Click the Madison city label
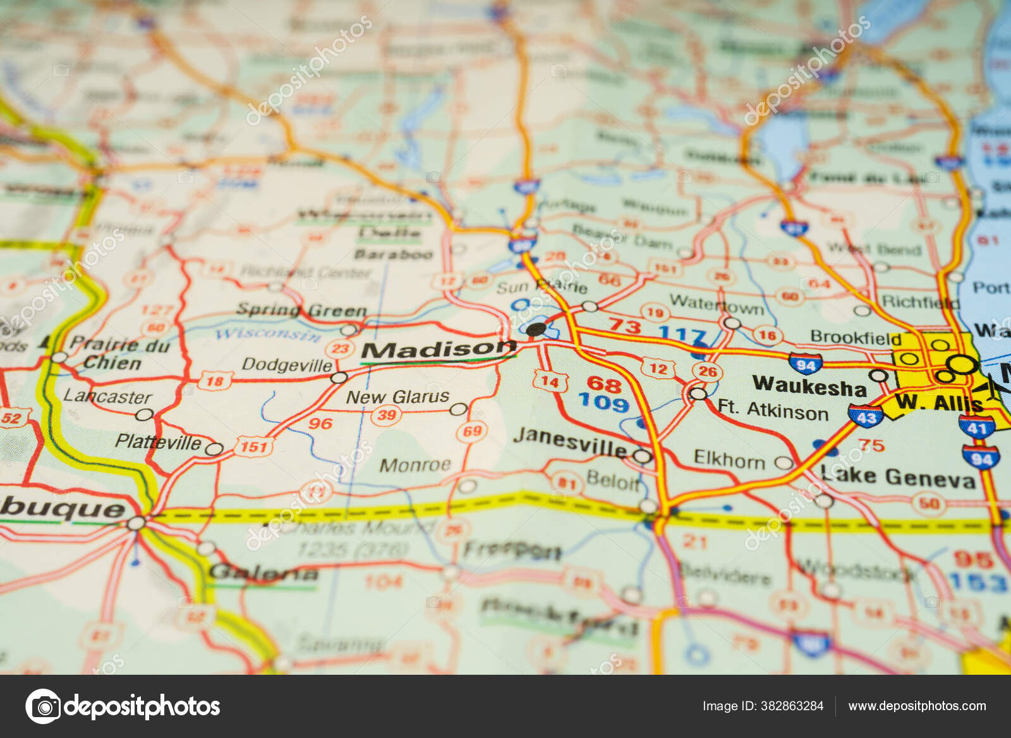pyautogui.click(x=439, y=350)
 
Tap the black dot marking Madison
pyautogui.click(x=535, y=329)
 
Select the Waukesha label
pyautogui.click(x=809, y=386)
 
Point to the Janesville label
pyautogui.click(x=569, y=442)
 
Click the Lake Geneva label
pyautogui.click(x=898, y=477)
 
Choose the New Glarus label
pyautogui.click(x=397, y=397)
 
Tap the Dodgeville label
pyautogui.click(x=287, y=365)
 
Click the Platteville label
pyautogui.click(x=158, y=442)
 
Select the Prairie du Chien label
pyautogui.click(x=118, y=354)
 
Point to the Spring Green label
pyautogui.click(x=301, y=311)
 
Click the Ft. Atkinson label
pyautogui.click(x=773, y=410)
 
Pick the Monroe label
pyautogui.click(x=415, y=465)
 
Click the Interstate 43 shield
pyautogui.click(x=865, y=417)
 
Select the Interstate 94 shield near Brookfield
pyautogui.click(x=806, y=364)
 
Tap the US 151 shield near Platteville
pyautogui.click(x=254, y=446)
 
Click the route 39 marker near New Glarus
pyautogui.click(x=386, y=415)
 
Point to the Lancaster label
pyautogui.click(x=107, y=397)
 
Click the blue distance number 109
pyautogui.click(x=603, y=402)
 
